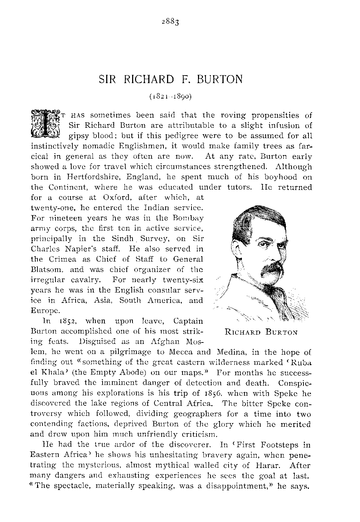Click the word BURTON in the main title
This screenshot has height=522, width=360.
pos(220,79)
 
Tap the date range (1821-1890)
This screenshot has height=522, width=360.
pos(171,96)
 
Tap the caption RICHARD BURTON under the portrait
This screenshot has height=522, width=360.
pos(261,332)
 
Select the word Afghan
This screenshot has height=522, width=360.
pos(159,341)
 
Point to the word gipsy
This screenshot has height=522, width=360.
pos(81,136)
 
